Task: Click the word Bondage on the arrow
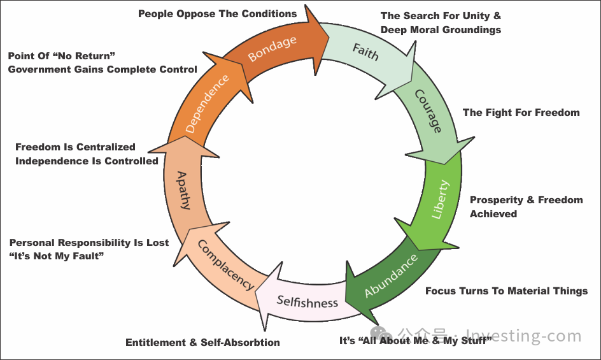coord(272,48)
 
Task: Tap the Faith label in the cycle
coord(365,52)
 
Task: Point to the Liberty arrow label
coord(440,199)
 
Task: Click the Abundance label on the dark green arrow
coord(390,275)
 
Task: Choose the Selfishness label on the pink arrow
coord(308,301)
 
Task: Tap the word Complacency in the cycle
coord(226,265)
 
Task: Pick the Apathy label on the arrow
coord(183,191)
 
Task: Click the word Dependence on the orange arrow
coord(207,104)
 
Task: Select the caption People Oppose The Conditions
coord(217,14)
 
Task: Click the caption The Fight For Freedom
coord(521,112)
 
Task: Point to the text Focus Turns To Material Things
coord(506,291)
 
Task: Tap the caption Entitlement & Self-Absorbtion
coord(202,342)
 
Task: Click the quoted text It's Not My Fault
coord(56,256)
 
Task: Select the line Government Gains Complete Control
coord(103,69)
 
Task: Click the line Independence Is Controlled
coord(87,161)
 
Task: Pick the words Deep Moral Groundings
coord(441,30)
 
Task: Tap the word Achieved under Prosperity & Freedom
coord(493,214)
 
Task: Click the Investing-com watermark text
coord(524,336)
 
